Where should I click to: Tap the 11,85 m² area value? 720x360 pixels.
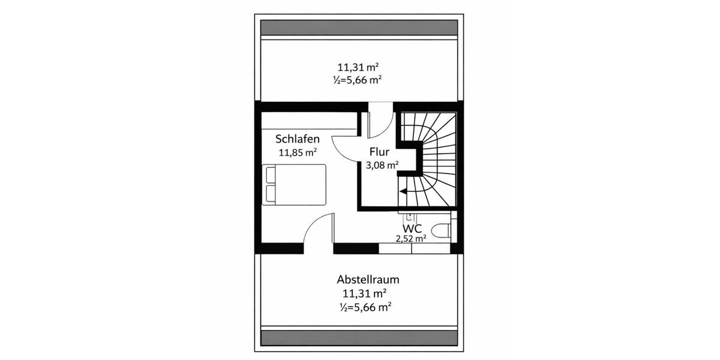point(297,152)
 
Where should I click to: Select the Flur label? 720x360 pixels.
point(380,152)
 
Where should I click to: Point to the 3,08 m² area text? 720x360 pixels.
point(382,164)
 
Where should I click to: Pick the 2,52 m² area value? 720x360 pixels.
point(410,238)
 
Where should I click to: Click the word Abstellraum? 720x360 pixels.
point(368,280)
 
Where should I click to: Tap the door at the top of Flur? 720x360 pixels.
point(380,124)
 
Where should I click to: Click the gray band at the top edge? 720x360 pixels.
point(359,28)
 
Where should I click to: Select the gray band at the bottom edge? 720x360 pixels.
point(359,338)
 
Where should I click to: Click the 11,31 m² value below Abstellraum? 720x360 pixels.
point(364,293)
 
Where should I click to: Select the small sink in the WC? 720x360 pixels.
point(410,216)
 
